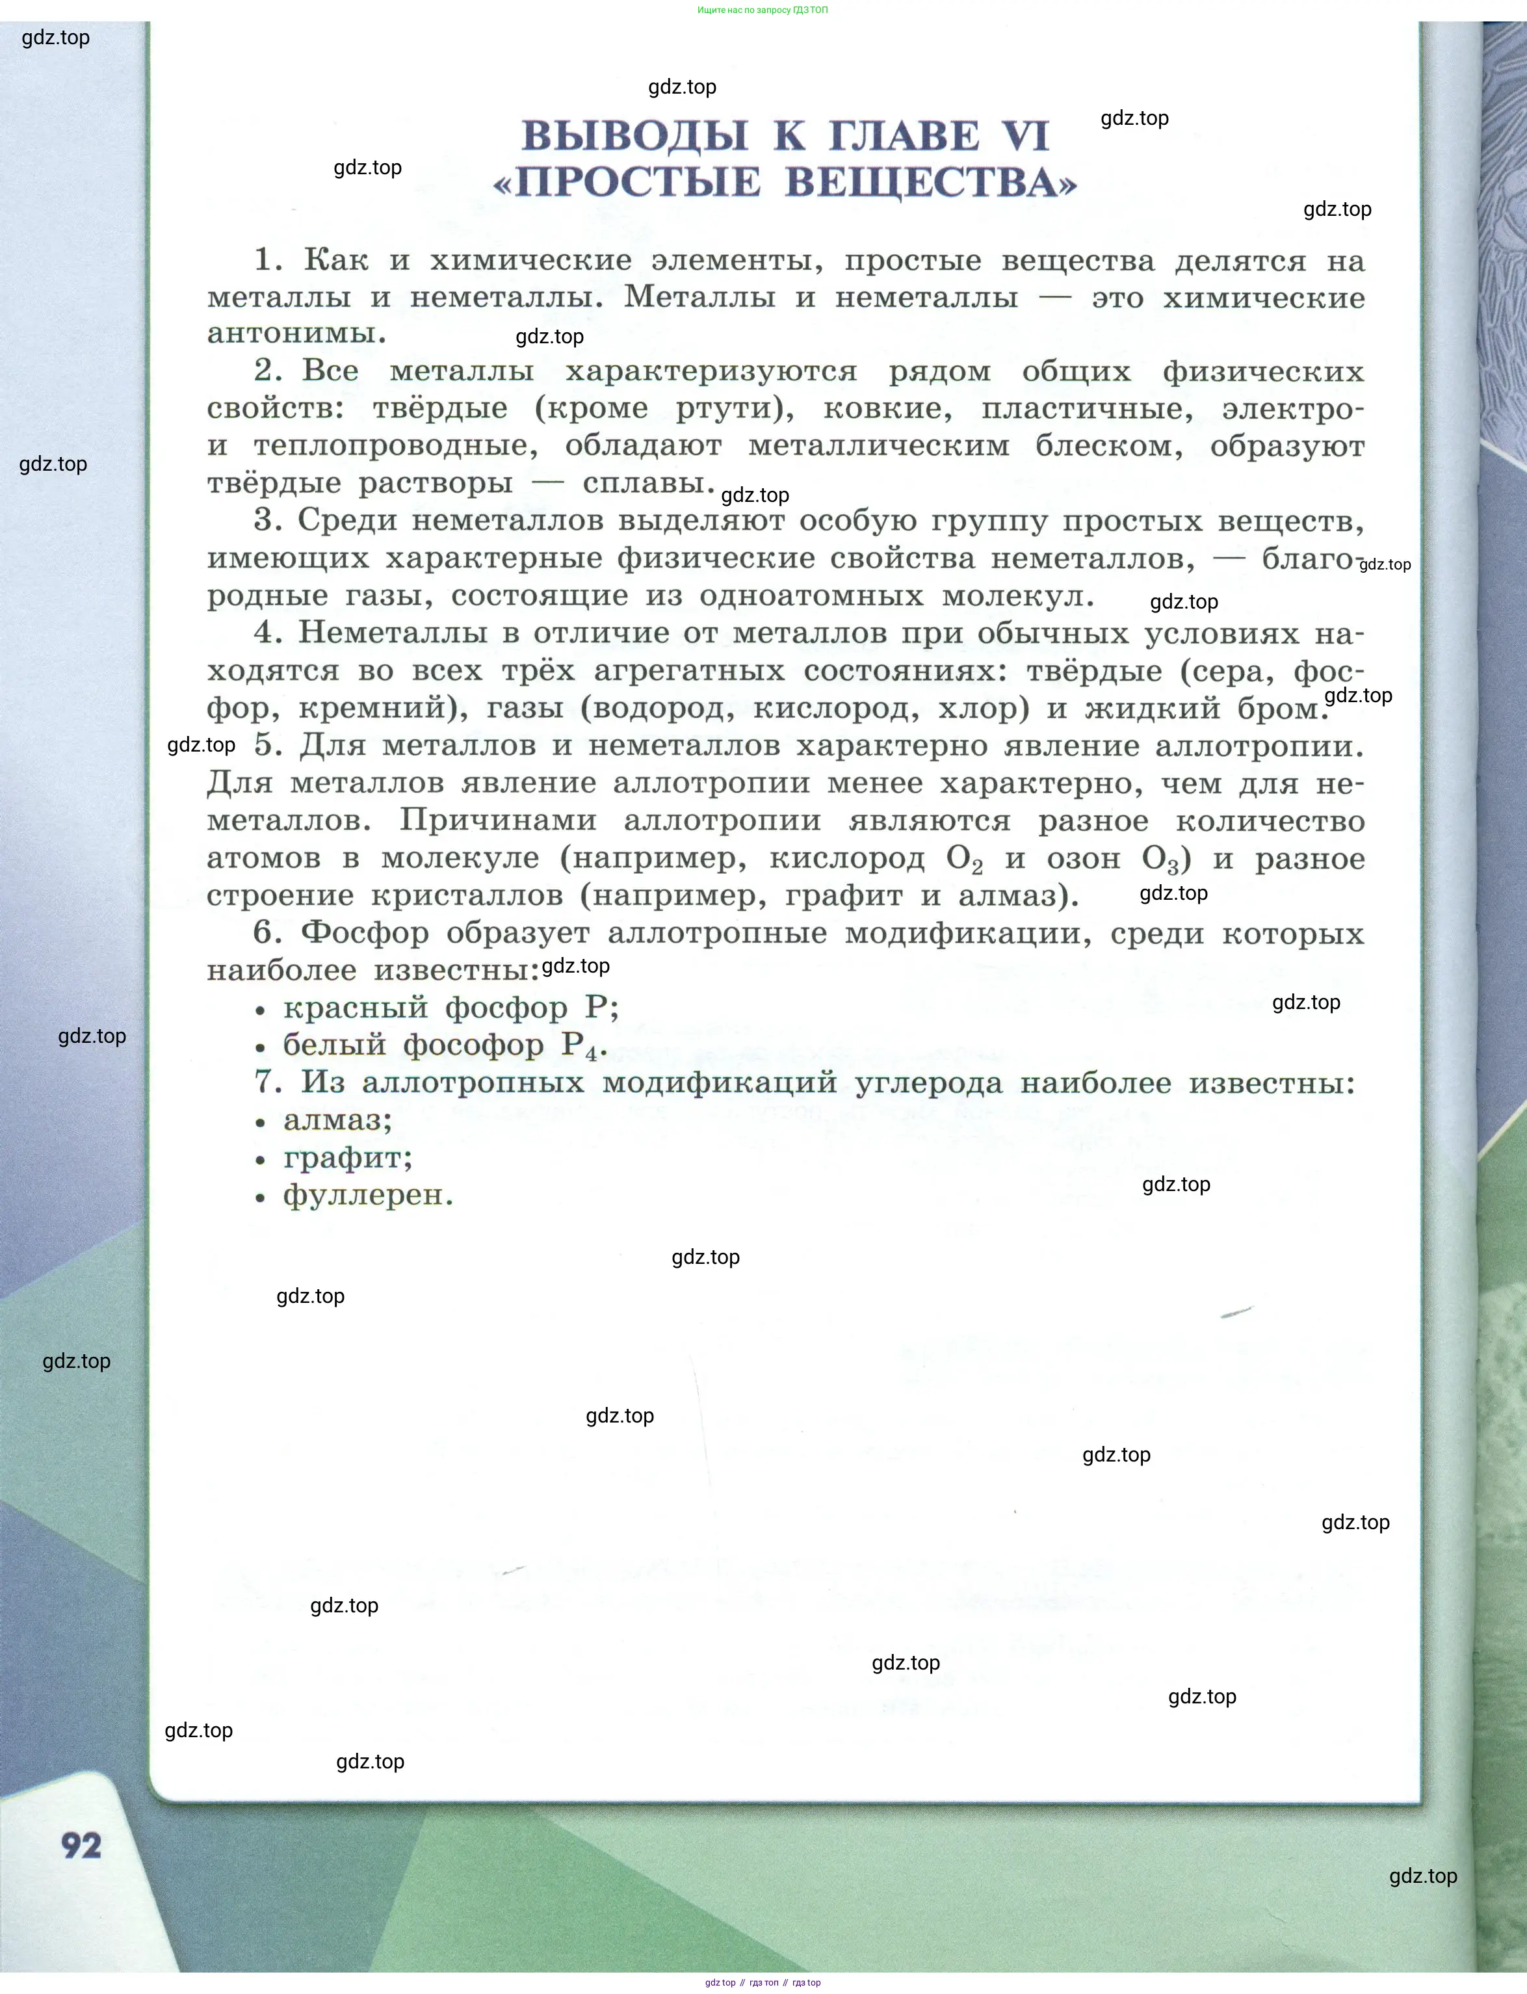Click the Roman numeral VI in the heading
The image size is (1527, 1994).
coord(1025,137)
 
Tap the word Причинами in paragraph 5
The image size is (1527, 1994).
coord(498,820)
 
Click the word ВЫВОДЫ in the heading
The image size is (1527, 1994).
coord(634,137)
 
